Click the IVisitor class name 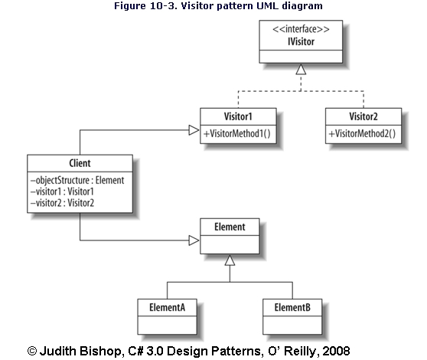[301, 41]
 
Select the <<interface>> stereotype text [301, 29]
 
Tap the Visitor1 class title [238, 116]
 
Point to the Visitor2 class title [363, 116]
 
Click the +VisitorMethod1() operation [237, 134]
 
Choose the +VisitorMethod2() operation [362, 134]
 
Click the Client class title [80, 163]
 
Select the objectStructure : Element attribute [77, 181]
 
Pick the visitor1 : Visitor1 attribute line [62, 191]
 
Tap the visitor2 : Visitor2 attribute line [62, 203]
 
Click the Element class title [230, 227]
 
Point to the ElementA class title [168, 308]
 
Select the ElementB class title [292, 308]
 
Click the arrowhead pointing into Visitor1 [194, 130]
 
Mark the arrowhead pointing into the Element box [194, 241]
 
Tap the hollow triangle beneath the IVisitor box [301, 69]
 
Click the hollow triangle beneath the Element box [230, 260]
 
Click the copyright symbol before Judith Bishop [32, 351]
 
